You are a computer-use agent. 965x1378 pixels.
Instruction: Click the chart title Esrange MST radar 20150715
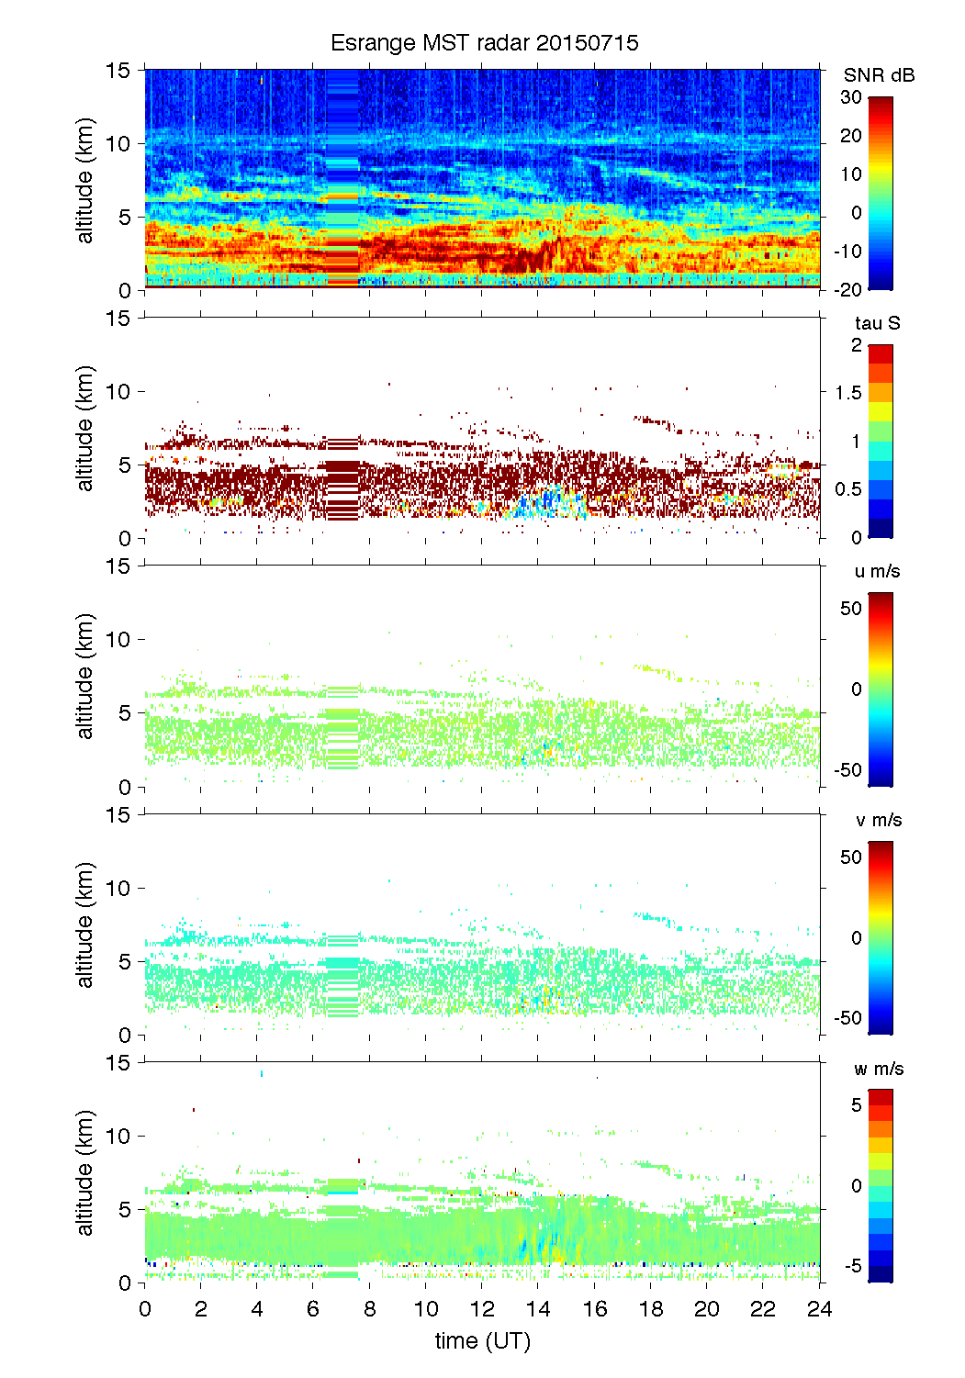[x=484, y=43]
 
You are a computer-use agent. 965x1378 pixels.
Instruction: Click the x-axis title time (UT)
[x=482, y=1341]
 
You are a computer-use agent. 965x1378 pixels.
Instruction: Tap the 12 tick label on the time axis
[x=482, y=1309]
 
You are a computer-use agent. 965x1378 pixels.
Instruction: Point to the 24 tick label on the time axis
[x=819, y=1309]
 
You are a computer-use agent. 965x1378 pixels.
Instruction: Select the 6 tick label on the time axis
[x=313, y=1309]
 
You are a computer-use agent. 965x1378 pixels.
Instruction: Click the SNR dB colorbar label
[x=879, y=75]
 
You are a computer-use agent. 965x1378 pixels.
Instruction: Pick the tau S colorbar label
[x=877, y=323]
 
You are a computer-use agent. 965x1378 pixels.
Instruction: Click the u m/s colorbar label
[x=877, y=571]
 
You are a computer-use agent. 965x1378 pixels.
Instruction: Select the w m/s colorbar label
[x=878, y=1069]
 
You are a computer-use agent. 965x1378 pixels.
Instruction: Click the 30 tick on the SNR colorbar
[x=851, y=97]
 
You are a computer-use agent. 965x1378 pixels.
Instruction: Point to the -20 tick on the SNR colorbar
[x=847, y=289]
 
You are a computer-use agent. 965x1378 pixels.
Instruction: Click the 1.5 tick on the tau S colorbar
[x=847, y=393]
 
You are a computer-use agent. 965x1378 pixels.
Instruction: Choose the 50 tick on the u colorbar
[x=851, y=608]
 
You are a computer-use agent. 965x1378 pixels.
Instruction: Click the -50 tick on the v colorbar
[x=847, y=1018]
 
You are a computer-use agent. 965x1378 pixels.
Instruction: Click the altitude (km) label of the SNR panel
[x=85, y=180]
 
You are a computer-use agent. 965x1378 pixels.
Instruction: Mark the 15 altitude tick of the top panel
[x=118, y=70]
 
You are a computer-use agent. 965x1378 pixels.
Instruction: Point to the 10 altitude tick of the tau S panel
[x=118, y=392]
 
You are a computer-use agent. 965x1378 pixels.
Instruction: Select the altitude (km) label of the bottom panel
[x=85, y=1173]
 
